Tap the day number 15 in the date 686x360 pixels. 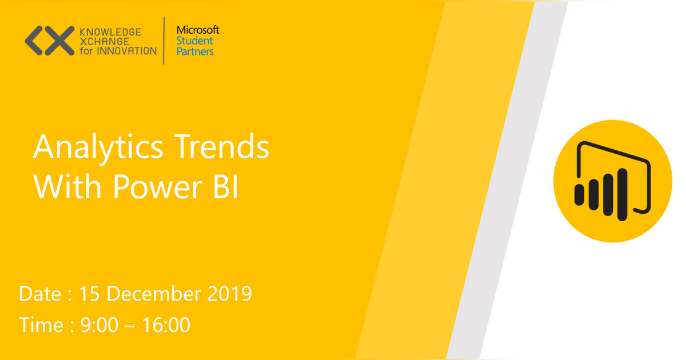pos(90,294)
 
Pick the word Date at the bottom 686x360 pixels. pos(39,294)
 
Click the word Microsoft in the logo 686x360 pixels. pos(197,30)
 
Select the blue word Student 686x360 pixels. pos(194,41)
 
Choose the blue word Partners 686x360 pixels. pos(195,51)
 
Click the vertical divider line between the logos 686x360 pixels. pos(164,41)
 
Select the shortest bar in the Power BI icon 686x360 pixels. pos(579,194)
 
